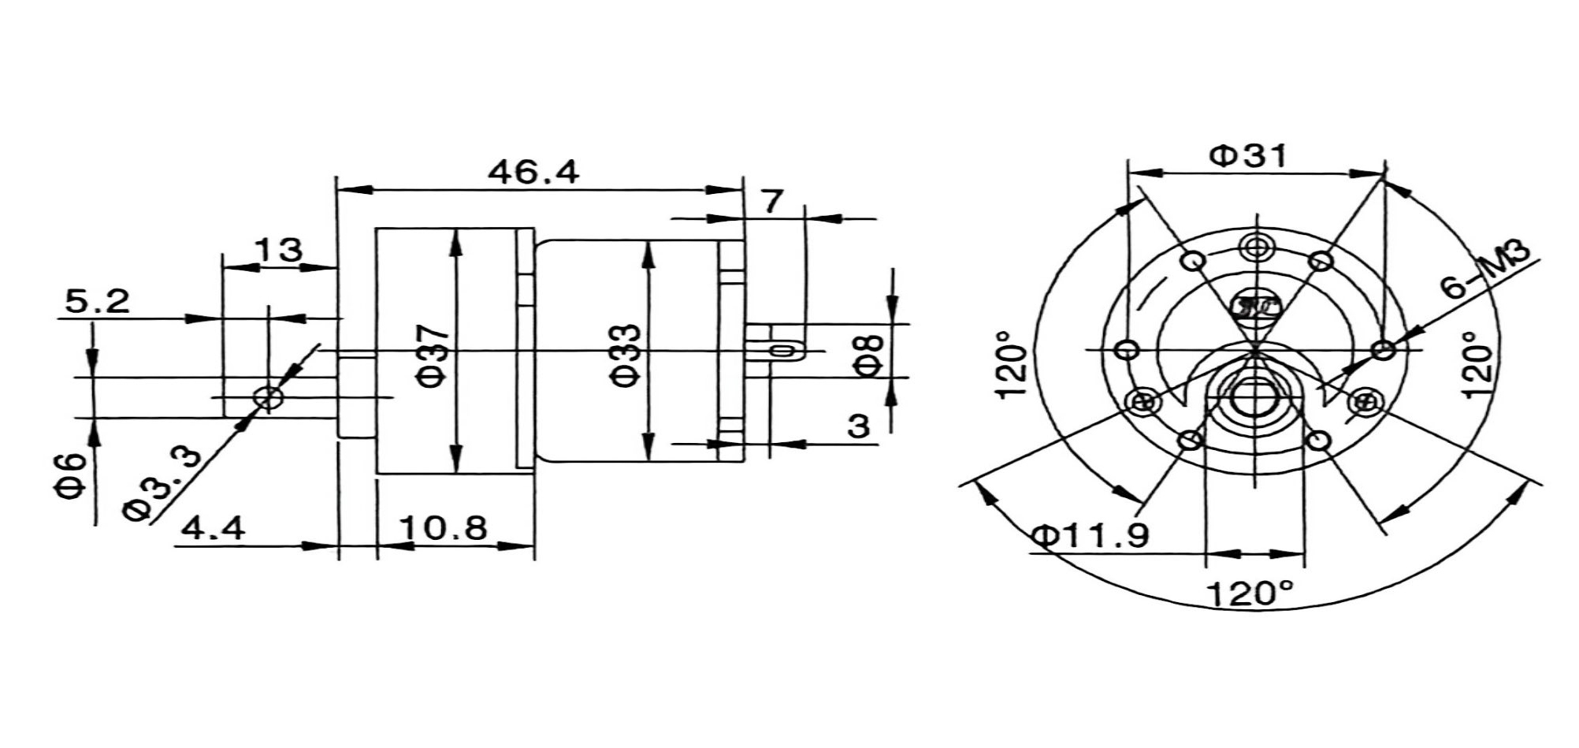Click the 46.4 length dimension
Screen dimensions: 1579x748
point(533,171)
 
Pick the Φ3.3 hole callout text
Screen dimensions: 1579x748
point(162,482)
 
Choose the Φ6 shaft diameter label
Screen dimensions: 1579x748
point(70,475)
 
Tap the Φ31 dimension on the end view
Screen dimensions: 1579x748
point(1248,155)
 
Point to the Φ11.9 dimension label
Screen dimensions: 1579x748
point(1090,536)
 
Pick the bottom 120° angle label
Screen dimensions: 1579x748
point(1250,593)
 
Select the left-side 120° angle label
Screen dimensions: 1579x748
point(1012,365)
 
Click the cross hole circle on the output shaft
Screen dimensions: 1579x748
point(269,398)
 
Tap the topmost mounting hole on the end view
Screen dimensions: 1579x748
point(1254,247)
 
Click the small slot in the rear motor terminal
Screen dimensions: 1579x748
point(782,350)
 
